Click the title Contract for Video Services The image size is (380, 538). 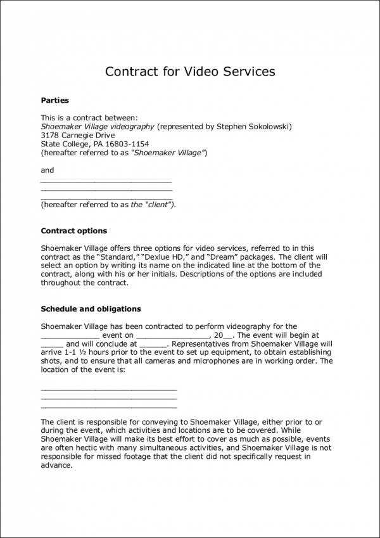[190, 71]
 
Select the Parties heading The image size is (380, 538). [55, 100]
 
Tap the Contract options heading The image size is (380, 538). [73, 231]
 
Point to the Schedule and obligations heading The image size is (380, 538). [91, 309]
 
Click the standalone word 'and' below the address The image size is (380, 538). [47, 170]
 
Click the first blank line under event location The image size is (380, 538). [108, 388]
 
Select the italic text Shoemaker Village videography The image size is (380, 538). [98, 127]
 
